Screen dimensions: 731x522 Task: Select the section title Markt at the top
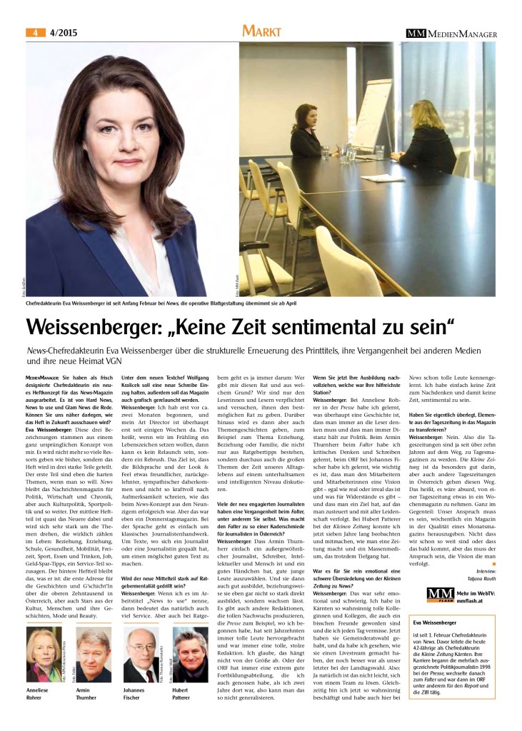261,31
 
